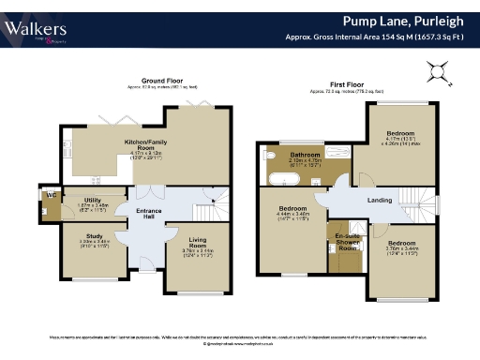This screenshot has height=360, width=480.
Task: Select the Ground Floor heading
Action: click(161, 81)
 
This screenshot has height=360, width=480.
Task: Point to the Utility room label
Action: click(91, 201)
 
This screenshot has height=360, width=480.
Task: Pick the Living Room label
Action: click(198, 242)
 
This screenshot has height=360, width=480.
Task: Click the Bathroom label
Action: click(306, 155)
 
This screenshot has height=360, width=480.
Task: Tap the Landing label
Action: click(379, 200)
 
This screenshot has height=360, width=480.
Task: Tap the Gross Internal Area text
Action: click(379, 37)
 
